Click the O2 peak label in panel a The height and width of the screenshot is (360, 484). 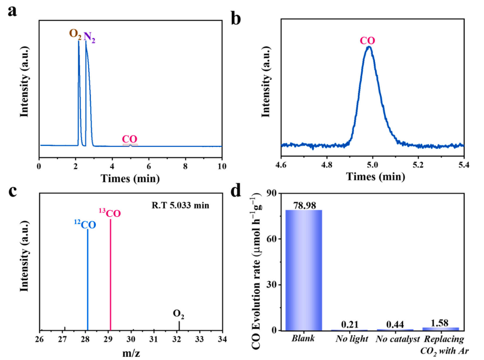tap(75, 34)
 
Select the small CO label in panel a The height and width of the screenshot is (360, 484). tap(129, 139)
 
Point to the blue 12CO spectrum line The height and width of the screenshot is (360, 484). tap(88, 275)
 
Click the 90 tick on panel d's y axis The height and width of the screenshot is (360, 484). tap(271, 193)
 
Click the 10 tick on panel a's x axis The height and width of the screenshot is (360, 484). tap(221, 165)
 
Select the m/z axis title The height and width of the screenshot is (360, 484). tap(130, 352)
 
